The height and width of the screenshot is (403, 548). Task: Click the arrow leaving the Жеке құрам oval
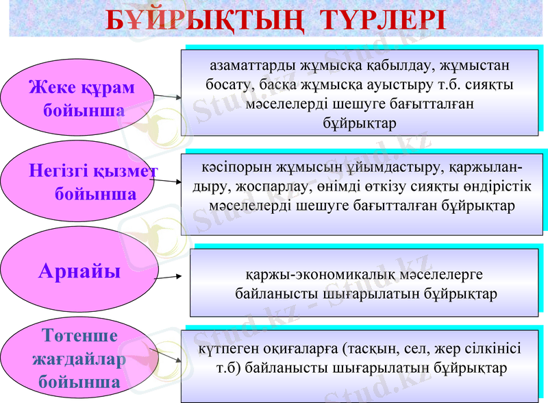[x=168, y=98]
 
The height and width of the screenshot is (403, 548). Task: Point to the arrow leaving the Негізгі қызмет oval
[x=168, y=181]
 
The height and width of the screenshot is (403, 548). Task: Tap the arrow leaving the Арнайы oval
[x=168, y=276]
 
